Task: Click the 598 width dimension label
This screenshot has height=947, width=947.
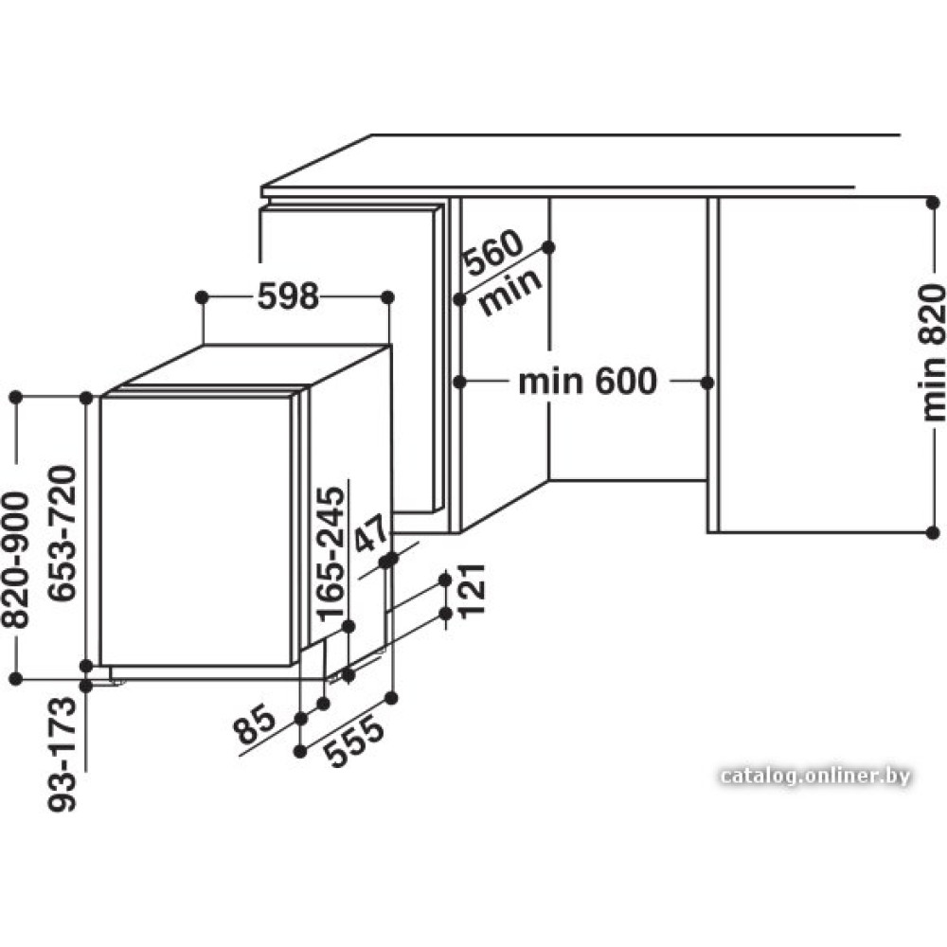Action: point(288,296)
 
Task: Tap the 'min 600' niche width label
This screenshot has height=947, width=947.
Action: point(588,381)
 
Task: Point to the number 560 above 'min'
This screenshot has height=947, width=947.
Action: point(493,253)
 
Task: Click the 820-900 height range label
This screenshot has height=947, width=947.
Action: point(15,560)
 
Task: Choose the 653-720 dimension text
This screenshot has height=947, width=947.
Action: point(63,533)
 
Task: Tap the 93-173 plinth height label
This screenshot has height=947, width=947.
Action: point(63,755)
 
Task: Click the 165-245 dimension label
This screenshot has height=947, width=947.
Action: point(331,554)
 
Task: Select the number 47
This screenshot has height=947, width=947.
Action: point(370,534)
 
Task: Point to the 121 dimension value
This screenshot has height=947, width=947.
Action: point(472,591)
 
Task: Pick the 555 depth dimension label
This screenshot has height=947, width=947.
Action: point(354,742)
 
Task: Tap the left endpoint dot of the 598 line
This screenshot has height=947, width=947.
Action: point(203,297)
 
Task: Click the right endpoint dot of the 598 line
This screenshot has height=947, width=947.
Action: point(388,297)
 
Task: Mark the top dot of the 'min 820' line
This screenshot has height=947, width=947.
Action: point(933,203)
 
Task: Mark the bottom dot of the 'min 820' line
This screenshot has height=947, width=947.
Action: point(933,532)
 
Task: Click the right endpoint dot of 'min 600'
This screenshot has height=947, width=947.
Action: point(707,383)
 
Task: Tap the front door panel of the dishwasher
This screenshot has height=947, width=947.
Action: point(196,531)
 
